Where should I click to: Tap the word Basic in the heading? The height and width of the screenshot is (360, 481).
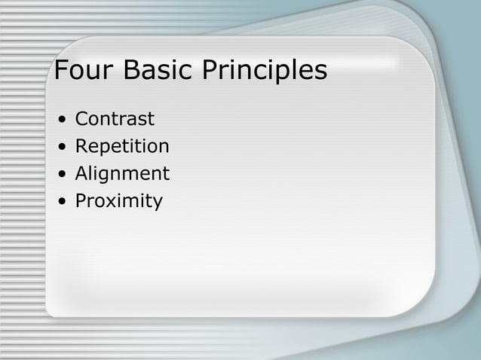pos(156,71)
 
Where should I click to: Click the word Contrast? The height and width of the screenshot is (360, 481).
pos(115,119)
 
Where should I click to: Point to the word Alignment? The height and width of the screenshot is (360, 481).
pos(122,174)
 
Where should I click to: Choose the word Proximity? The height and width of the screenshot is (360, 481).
pos(118,201)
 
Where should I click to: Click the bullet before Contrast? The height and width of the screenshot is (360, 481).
pos(59,120)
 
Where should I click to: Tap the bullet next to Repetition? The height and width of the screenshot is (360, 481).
pos(59,147)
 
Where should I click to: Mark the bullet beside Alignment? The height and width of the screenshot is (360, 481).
pos(59,175)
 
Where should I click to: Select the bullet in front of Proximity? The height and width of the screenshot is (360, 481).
pos(59,202)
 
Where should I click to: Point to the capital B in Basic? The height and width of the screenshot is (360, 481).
pos(128,71)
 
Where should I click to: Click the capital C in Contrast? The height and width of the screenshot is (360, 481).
pos(81,119)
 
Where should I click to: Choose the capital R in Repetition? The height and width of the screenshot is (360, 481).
pos(81,146)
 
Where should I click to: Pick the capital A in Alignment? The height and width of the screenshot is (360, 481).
pos(81,174)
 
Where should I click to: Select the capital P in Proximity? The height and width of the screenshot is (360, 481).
pos(81,201)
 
